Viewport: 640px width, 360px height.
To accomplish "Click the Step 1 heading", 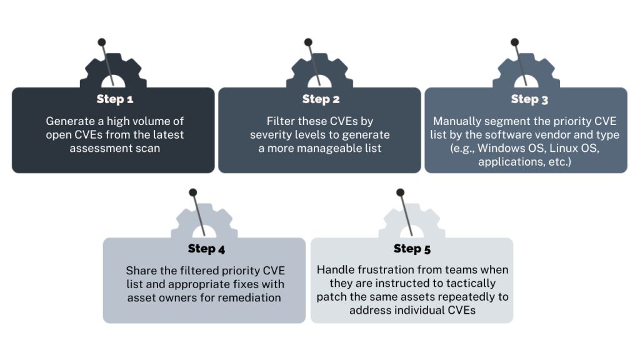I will [x=114, y=99].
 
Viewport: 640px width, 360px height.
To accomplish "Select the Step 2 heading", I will [x=321, y=99].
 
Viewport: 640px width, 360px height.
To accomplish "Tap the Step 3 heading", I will [x=529, y=99].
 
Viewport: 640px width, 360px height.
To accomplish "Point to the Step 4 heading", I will [x=206, y=249].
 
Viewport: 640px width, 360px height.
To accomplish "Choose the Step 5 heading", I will [x=412, y=249].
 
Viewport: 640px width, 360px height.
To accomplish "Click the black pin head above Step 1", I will [x=101, y=42].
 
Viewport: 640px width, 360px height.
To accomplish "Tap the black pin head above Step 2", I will [x=308, y=42].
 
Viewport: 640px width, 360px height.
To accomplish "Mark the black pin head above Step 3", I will [x=514, y=42].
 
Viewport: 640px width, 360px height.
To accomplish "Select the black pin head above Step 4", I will [x=193, y=192].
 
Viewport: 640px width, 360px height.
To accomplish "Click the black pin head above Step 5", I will [x=400, y=192].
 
